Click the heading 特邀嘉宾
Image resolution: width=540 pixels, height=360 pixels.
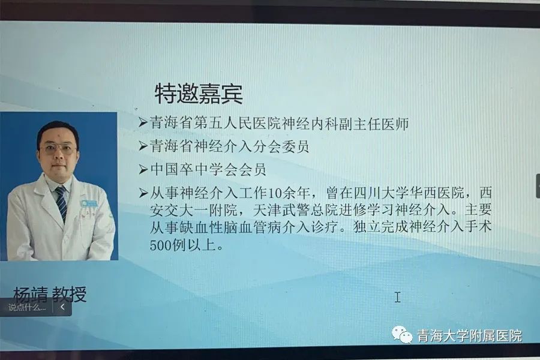click(x=199, y=93)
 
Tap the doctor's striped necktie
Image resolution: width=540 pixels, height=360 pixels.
click(x=62, y=203)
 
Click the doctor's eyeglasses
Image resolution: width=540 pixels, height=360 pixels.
click(x=58, y=149)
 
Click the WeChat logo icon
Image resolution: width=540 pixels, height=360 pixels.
click(x=401, y=335)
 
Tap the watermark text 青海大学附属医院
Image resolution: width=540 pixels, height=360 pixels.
click(x=470, y=335)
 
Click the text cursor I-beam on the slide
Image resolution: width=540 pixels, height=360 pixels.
click(x=398, y=297)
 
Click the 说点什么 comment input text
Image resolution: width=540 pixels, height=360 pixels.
click(x=27, y=307)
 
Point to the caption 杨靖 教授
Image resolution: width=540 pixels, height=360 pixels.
click(x=50, y=294)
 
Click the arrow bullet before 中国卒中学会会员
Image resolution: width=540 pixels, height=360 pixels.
click(x=143, y=169)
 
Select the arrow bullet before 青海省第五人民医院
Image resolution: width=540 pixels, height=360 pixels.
click(x=143, y=122)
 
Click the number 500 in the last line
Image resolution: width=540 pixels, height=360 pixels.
click(x=160, y=245)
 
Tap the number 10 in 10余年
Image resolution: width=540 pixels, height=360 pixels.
click(x=274, y=193)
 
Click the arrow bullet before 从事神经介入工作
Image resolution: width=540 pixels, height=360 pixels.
click(x=143, y=193)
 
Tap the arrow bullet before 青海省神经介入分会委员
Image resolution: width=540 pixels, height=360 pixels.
click(x=143, y=146)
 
